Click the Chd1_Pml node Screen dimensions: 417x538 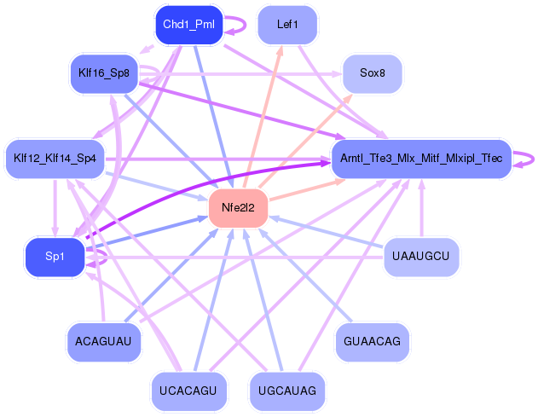point(188,25)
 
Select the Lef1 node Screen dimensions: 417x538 point(287,25)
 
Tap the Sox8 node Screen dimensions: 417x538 point(372,73)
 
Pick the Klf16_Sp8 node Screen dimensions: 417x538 point(103,73)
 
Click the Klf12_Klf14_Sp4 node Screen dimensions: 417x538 point(55,159)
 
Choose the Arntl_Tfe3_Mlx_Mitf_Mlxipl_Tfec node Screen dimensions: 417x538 point(421,159)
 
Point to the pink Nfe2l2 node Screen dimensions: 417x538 point(239,207)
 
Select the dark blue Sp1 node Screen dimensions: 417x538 point(55,256)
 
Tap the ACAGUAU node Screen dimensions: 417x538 point(103,341)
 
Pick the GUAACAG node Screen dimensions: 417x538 point(372,341)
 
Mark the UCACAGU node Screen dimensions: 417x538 point(188,391)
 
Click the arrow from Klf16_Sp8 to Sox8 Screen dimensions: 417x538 point(247,74)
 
